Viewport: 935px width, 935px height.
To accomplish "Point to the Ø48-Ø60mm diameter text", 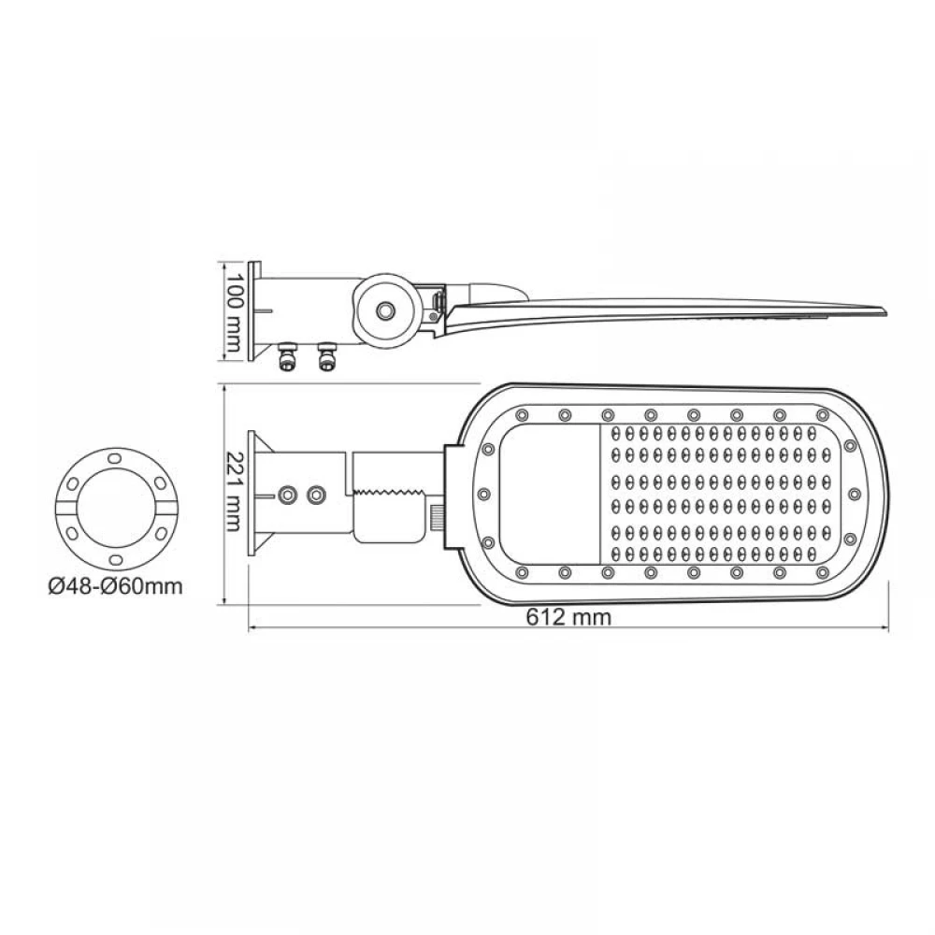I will tap(114, 587).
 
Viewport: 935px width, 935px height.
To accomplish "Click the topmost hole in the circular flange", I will tap(113, 457).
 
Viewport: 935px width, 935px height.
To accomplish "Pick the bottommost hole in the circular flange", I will tap(113, 558).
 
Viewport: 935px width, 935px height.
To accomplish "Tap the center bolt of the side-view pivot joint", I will tap(385, 309).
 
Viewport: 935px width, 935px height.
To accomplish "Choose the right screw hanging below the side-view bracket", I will tap(326, 357).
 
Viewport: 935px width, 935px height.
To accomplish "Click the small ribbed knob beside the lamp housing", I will tap(437, 516).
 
